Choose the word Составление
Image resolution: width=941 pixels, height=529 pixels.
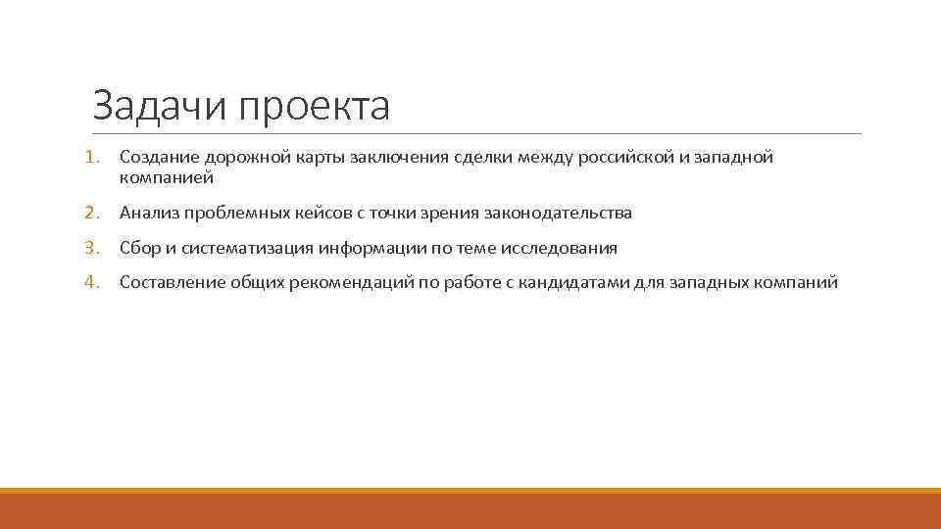point(173,282)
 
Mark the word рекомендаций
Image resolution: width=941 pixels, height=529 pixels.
point(350,282)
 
